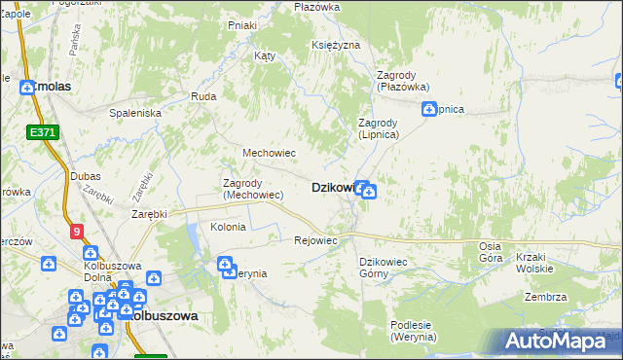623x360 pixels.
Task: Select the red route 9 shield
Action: tap(77, 231)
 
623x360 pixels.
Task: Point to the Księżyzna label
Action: tap(337, 46)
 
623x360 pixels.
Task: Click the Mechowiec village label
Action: tap(269, 153)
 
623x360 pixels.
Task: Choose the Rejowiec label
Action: tap(315, 240)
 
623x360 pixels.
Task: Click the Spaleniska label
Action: tap(135, 113)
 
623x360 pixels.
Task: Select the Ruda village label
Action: tap(203, 96)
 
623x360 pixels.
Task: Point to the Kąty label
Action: tap(265, 55)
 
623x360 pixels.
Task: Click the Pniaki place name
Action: tap(241, 25)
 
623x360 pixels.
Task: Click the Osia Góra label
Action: tap(491, 252)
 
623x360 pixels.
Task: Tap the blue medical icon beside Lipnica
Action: tap(427, 110)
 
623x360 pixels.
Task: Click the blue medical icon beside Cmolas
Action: tap(28, 87)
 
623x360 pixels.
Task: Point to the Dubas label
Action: tap(86, 176)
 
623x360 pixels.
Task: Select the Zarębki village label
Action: tap(150, 213)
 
